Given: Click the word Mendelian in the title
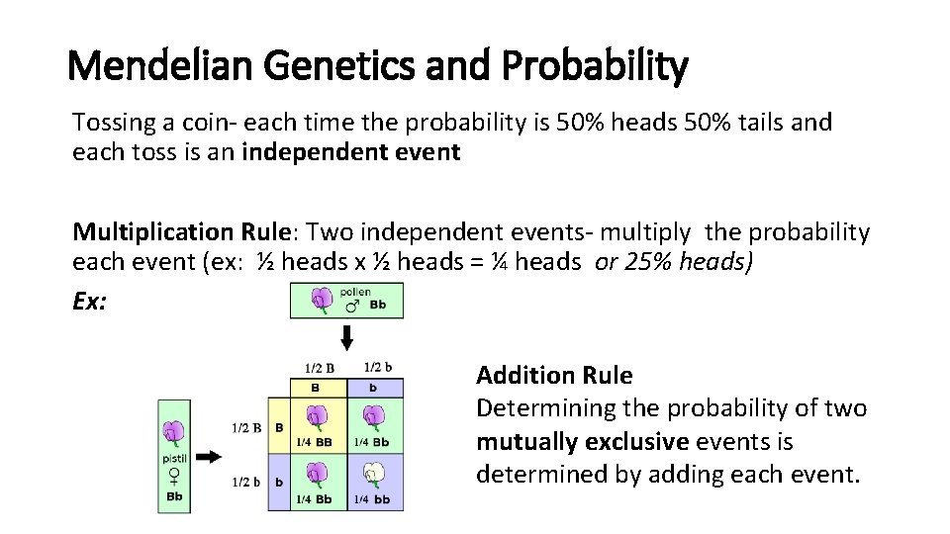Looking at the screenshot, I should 153,67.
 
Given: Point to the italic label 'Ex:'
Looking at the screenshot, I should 90,301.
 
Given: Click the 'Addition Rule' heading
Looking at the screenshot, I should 554,376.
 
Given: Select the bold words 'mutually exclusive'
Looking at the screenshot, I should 582,441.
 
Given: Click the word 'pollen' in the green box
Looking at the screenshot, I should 354,293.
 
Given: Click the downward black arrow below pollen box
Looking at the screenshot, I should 346,338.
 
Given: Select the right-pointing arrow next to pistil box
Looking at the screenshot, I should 208,456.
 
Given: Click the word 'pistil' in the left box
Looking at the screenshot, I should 175,459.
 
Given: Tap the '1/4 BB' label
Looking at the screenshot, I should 315,442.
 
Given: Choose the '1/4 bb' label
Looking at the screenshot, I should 373,500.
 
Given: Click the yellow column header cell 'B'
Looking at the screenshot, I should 316,388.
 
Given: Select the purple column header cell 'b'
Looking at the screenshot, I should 373,388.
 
